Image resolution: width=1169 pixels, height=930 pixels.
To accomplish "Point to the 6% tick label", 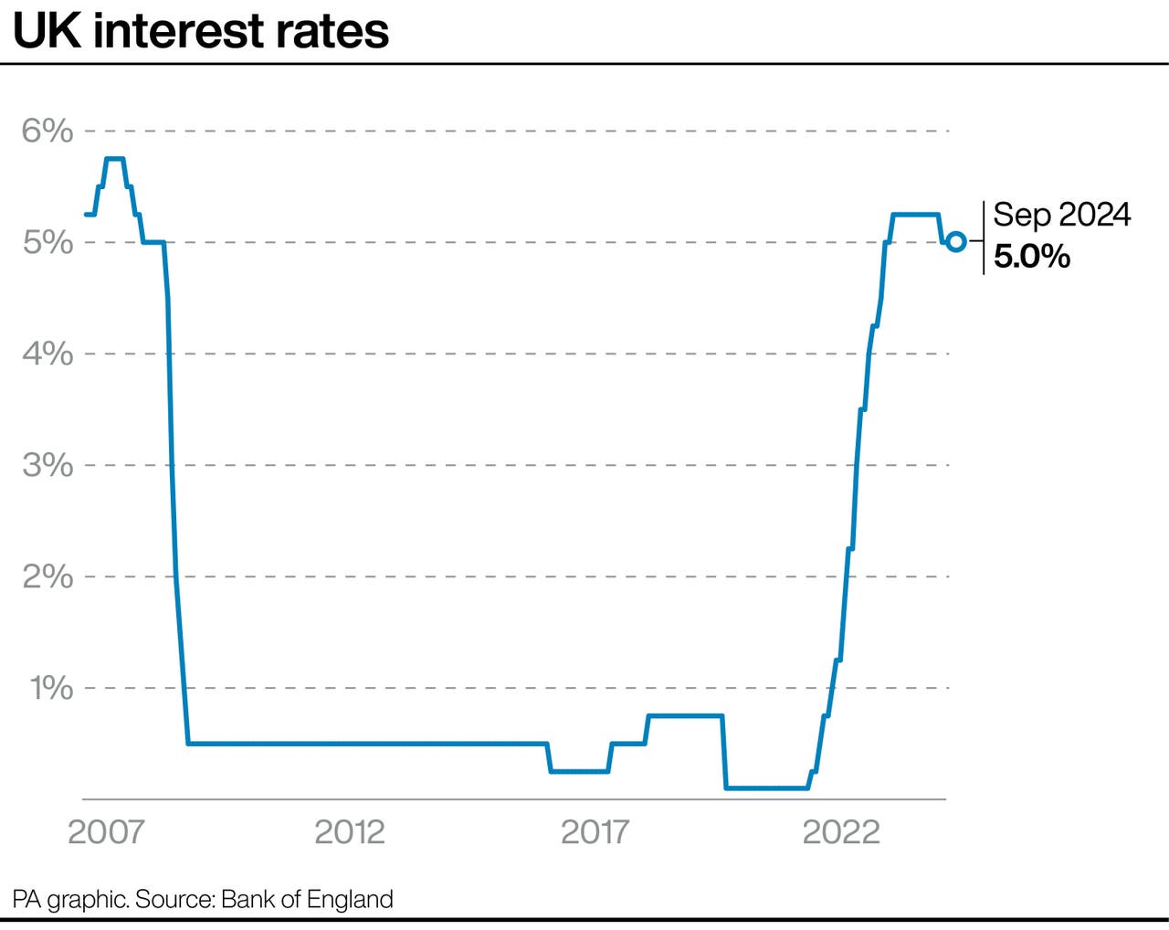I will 47,131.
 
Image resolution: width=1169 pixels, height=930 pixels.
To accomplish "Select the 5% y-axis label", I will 47,242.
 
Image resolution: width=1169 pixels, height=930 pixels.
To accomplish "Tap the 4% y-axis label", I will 47,354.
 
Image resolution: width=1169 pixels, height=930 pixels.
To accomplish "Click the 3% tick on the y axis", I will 47,465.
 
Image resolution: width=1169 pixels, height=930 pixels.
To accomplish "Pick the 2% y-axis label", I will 47,576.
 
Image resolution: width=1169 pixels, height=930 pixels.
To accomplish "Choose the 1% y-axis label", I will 51,688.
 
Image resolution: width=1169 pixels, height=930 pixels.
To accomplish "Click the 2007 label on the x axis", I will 106,832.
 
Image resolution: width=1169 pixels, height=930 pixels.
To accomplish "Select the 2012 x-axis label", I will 350,832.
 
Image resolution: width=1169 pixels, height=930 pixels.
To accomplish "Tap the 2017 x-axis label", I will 595,832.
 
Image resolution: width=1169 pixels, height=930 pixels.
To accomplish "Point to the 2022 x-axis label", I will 840,832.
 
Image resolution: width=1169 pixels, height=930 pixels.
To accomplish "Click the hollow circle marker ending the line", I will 956,242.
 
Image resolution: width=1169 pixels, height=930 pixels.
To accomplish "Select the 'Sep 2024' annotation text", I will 1061,215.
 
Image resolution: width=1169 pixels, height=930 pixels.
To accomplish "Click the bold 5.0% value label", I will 1032,257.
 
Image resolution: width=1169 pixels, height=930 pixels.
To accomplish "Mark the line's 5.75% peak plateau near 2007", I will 115,159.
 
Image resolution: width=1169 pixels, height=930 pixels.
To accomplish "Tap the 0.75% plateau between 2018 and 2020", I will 685,716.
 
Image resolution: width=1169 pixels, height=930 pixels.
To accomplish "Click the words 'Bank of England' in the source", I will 307,899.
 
